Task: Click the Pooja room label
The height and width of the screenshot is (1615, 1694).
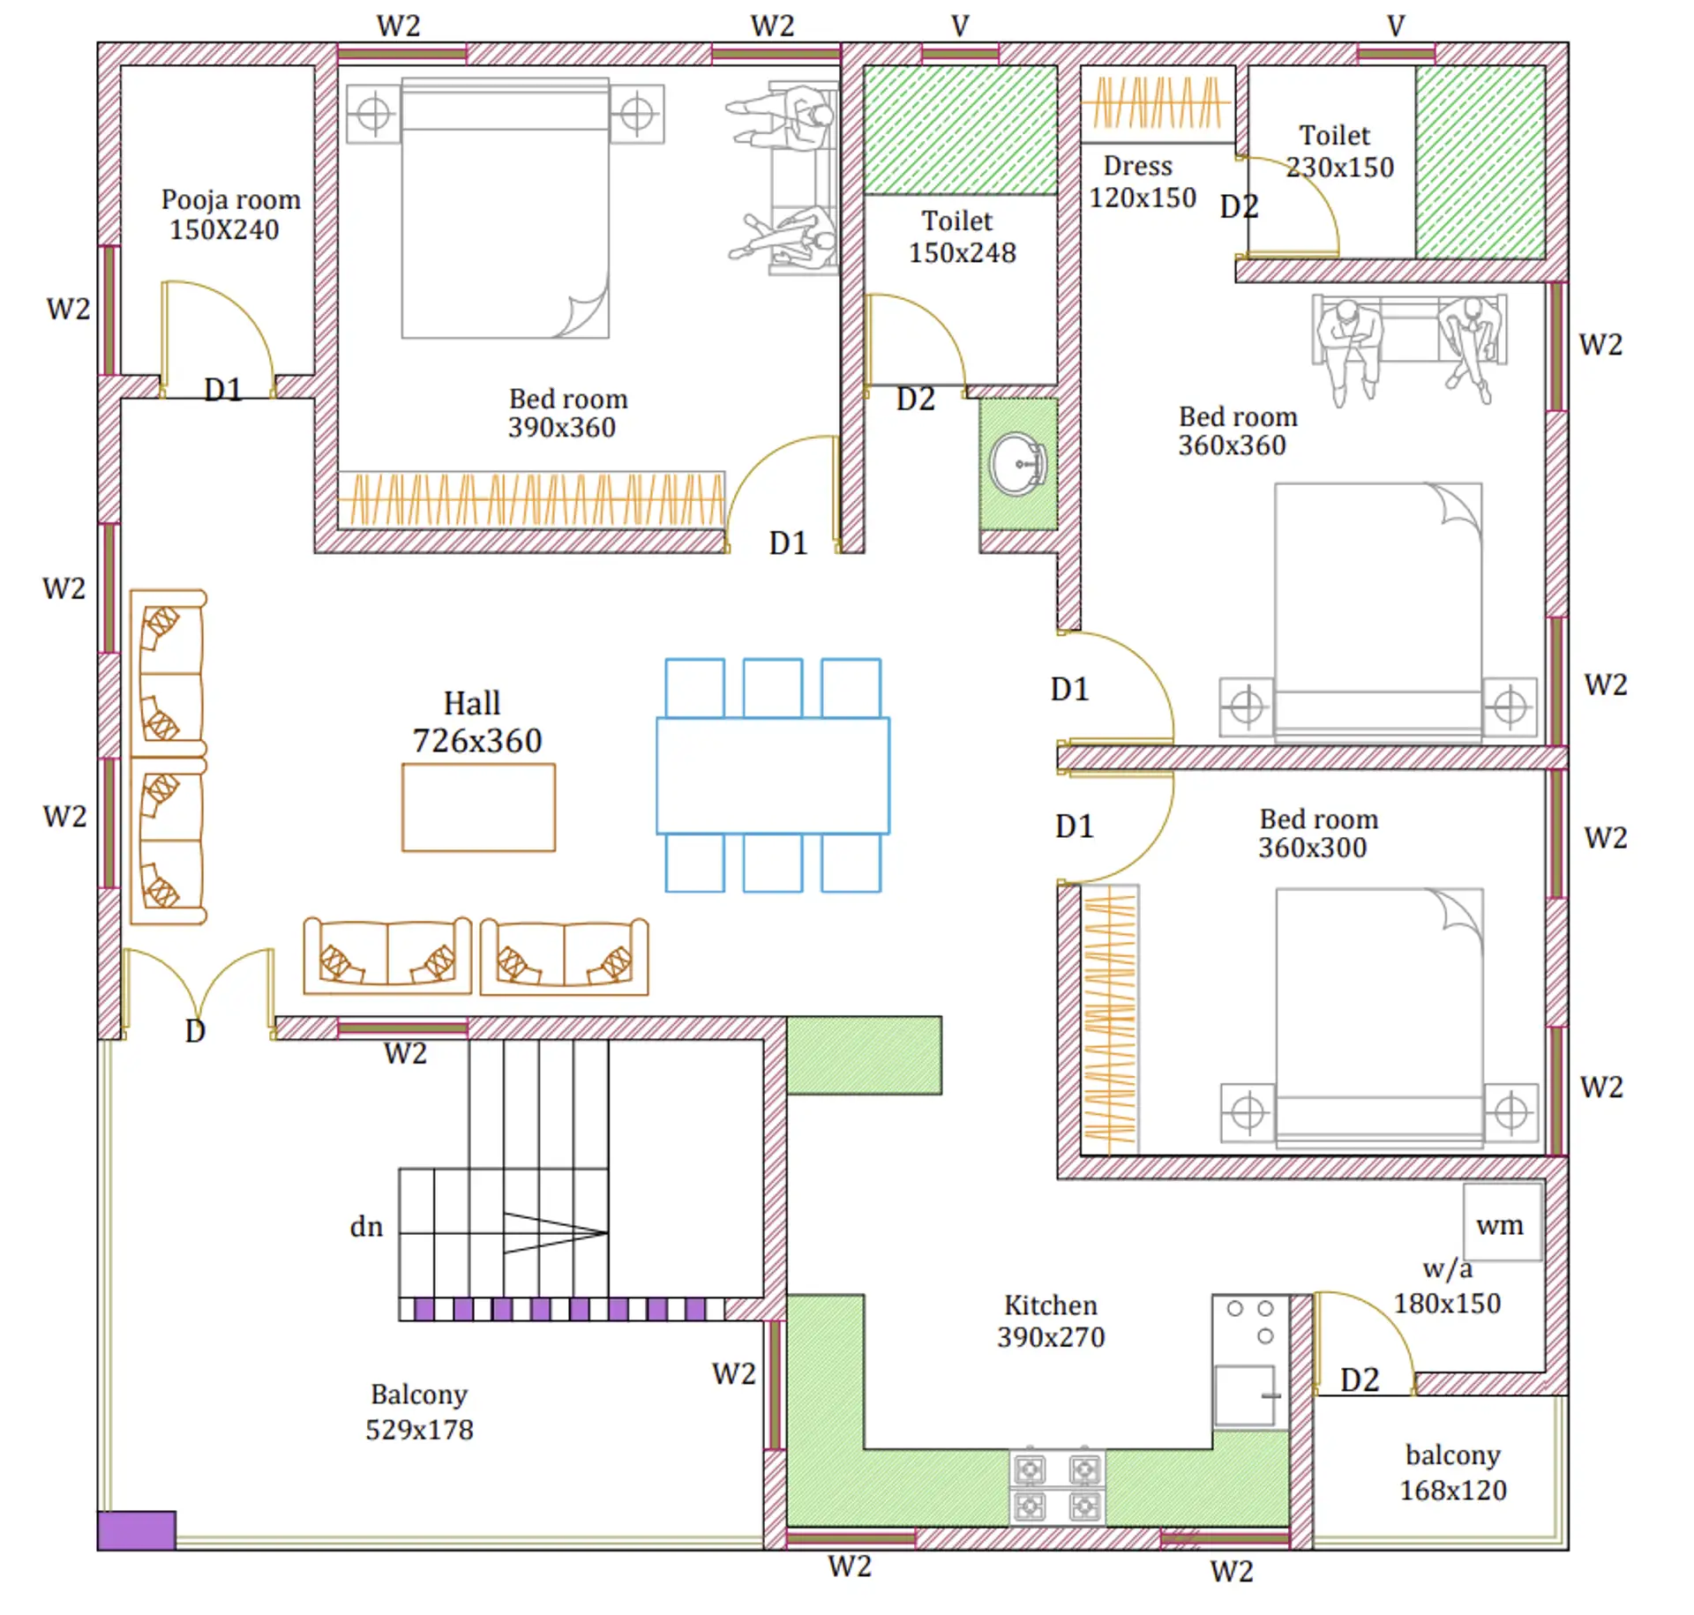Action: click(230, 200)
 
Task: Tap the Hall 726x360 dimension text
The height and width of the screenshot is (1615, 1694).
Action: click(476, 740)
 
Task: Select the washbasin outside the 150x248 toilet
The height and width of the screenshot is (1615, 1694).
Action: click(1017, 464)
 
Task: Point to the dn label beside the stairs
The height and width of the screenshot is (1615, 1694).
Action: click(366, 1227)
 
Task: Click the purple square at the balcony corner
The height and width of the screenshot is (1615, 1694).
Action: click(136, 1529)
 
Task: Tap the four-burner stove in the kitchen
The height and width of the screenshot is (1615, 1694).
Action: click(1056, 1487)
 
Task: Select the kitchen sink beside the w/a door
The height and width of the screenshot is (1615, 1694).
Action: click(1244, 1394)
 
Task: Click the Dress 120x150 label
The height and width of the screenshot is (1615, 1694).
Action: click(1141, 182)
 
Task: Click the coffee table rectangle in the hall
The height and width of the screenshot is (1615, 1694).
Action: click(478, 807)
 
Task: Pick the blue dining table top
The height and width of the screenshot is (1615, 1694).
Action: click(772, 775)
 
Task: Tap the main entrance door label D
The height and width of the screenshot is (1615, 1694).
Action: click(195, 1030)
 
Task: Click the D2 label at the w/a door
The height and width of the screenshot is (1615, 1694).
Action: click(1359, 1379)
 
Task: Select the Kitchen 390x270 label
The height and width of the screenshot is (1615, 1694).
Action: click(1050, 1320)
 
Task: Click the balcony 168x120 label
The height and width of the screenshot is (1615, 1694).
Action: click(1452, 1472)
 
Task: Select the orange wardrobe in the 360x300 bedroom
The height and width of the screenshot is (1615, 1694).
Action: click(1109, 1019)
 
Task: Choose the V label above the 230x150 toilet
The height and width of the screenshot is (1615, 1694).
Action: click(1395, 26)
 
